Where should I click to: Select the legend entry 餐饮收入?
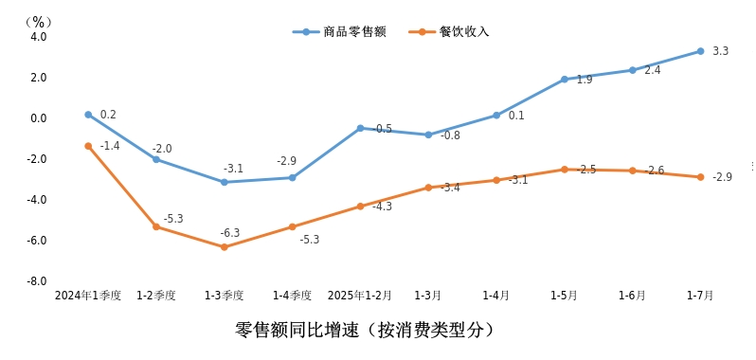tap(463, 31)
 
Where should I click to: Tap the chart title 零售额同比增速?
tap(365, 331)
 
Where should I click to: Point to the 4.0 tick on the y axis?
tap(39, 37)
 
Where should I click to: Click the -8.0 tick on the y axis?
tap(37, 281)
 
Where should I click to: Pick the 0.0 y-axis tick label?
tap(39, 118)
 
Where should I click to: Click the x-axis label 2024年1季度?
tap(88, 296)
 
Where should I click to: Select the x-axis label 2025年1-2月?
tap(359, 296)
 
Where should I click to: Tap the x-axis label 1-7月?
tap(700, 296)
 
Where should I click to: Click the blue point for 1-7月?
tap(700, 51)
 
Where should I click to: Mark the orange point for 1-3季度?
tap(225, 247)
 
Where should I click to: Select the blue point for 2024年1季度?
tap(88, 115)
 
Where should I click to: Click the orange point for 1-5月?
tap(564, 170)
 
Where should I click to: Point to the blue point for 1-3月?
tap(428, 135)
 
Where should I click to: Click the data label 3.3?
tap(720, 51)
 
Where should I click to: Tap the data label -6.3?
tap(230, 233)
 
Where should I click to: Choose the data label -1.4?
tap(110, 146)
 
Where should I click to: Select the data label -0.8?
tap(450, 135)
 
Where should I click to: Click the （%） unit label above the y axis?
tap(37, 21)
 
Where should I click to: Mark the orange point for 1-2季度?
tap(156, 226)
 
